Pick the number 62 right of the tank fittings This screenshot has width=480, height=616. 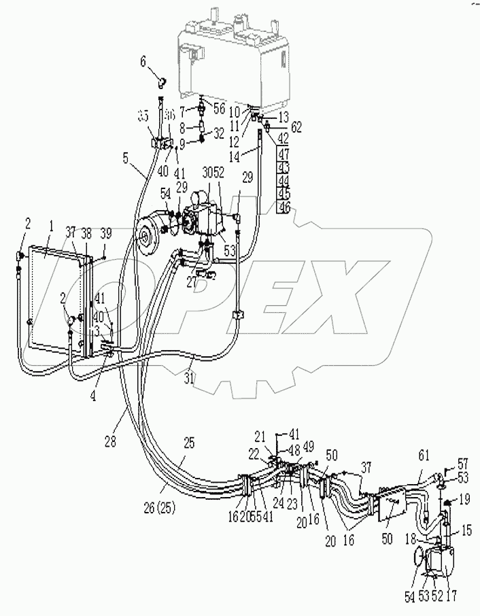(296, 126)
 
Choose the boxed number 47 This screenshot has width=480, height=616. (284, 155)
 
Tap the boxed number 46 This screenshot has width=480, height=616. (284, 207)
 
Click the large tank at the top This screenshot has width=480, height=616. (235, 61)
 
